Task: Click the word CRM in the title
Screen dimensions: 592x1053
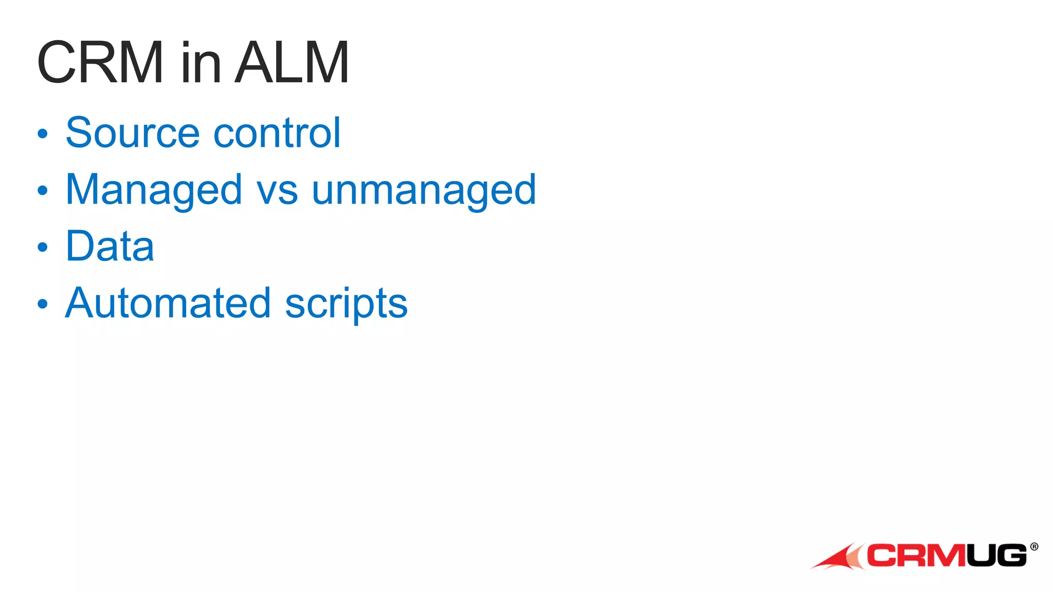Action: click(x=100, y=63)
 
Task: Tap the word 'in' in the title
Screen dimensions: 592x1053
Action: click(x=201, y=63)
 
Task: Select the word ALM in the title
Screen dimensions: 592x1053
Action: click(x=292, y=63)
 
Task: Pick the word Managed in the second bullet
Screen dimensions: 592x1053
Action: click(x=154, y=190)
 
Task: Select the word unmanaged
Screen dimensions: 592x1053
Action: click(x=424, y=190)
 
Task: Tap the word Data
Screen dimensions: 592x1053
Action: click(x=110, y=246)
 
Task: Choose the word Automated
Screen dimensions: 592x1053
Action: click(x=168, y=303)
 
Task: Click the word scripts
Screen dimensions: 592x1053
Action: click(x=346, y=304)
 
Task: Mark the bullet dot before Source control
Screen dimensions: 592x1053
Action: click(x=43, y=134)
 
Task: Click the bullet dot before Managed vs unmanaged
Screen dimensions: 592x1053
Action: click(x=43, y=191)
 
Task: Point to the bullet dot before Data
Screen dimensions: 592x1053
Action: click(x=43, y=247)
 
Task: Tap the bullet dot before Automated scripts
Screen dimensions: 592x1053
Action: click(x=43, y=304)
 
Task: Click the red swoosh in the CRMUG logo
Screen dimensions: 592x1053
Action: click(x=838, y=558)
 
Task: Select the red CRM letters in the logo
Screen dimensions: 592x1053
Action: click(x=915, y=556)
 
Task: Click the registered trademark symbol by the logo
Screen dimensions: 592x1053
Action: click(x=1034, y=547)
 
